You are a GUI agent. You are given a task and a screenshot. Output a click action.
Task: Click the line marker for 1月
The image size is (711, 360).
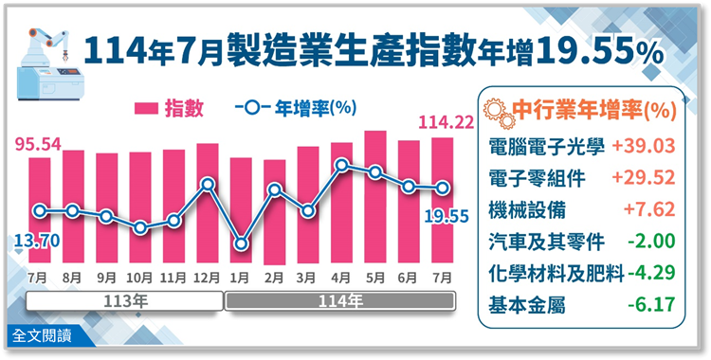(x=241, y=244)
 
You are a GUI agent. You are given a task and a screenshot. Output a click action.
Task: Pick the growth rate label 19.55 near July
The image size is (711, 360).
(x=444, y=217)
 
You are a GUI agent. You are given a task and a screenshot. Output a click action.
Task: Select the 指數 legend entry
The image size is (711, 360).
(x=170, y=108)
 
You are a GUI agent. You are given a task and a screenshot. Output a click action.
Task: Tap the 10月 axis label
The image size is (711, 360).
(x=140, y=278)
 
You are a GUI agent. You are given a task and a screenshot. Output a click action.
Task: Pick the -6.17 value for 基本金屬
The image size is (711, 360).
(x=650, y=306)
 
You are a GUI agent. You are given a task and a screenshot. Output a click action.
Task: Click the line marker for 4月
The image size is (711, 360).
(x=340, y=167)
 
